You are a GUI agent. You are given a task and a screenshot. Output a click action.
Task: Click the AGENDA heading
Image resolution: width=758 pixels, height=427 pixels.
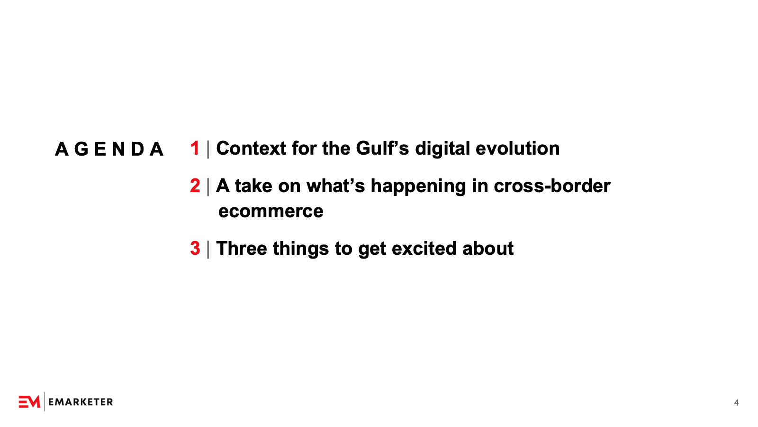tap(109, 149)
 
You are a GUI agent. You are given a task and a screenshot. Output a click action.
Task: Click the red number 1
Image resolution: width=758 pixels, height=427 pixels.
tap(195, 149)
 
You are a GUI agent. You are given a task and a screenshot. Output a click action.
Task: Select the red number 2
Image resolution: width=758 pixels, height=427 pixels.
tap(195, 186)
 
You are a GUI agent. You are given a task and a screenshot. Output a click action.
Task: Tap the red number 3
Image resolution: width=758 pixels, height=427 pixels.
tap(195, 249)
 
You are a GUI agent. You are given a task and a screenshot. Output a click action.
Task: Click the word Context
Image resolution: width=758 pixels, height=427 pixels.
tap(251, 149)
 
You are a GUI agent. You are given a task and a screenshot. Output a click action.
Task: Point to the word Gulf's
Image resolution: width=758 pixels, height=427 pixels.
tap(382, 149)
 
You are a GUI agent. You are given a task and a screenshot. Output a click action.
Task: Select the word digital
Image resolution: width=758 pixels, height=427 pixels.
tap(442, 149)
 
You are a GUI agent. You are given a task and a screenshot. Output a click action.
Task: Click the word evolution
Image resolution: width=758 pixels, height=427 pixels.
tap(518, 149)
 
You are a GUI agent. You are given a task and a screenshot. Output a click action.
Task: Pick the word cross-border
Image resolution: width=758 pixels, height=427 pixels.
tap(552, 186)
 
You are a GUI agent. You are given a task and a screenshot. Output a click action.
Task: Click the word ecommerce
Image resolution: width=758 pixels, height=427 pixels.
tap(271, 212)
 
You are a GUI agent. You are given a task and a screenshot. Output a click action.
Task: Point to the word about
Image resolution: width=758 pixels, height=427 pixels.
tap(488, 249)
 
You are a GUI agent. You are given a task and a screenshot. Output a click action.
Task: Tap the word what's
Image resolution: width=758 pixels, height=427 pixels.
tap(336, 186)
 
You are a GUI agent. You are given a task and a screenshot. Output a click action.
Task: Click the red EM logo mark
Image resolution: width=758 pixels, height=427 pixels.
tap(29, 402)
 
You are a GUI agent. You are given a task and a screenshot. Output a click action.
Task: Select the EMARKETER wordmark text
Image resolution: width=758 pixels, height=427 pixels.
tap(81, 402)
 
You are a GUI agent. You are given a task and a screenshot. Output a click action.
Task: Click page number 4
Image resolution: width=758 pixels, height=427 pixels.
tap(736, 403)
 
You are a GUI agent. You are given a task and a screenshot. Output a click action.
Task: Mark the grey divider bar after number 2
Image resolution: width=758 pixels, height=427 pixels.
tap(208, 187)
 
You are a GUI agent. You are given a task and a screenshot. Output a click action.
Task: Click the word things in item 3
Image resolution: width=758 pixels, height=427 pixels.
tap(301, 249)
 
